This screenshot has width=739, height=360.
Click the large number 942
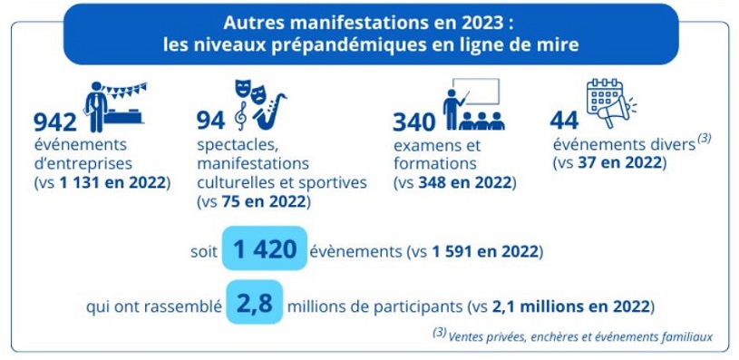click(55, 123)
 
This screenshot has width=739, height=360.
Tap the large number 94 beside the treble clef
click(211, 122)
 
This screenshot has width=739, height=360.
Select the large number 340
click(414, 122)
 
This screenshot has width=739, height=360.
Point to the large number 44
click(564, 122)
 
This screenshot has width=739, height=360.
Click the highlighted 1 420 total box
click(265, 248)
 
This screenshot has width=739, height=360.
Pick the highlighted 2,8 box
click(255, 302)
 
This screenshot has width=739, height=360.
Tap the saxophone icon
click(270, 112)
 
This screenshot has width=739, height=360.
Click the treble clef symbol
click(241, 116)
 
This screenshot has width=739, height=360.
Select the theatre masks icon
click(249, 91)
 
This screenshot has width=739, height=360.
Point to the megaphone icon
click(616, 112)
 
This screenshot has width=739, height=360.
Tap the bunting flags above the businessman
click(125, 89)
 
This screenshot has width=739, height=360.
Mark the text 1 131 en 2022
click(112, 183)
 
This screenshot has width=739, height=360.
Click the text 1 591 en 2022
click(484, 252)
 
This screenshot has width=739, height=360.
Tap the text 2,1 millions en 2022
click(570, 306)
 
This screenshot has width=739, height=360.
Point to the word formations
click(435, 164)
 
